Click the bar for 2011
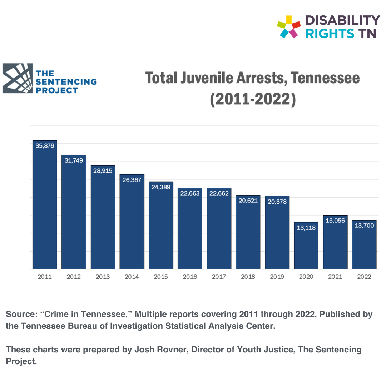coord(45,207)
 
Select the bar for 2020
coord(306,247)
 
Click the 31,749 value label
coord(74,160)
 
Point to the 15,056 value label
coord(335,221)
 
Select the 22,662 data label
coord(219,193)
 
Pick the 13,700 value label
coord(364,226)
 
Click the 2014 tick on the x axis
coord(132,277)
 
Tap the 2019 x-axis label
coord(277,277)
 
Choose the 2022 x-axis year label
coord(364,277)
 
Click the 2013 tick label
coord(103,277)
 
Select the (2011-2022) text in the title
coord(253,99)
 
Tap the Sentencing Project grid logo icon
coord(18,79)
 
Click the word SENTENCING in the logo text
coord(66,82)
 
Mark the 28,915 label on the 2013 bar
coord(103,171)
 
